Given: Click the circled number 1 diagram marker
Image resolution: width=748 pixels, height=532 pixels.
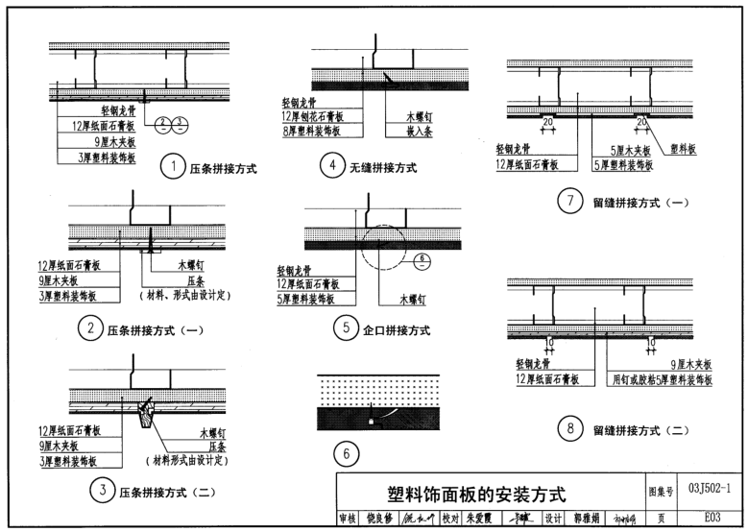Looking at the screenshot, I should (x=173, y=169).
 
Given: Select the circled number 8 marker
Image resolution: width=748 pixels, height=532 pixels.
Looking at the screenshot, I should (x=569, y=429).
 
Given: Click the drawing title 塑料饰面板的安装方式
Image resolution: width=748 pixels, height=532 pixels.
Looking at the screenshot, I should (x=476, y=496).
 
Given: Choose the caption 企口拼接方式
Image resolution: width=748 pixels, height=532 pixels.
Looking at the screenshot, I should (x=397, y=330).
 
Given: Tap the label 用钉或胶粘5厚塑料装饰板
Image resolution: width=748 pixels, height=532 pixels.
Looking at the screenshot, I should (x=664, y=380).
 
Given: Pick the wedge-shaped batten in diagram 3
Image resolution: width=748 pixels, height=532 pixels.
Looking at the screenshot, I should (x=147, y=413).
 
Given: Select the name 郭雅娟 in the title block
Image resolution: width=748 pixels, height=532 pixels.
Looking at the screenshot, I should (x=586, y=517).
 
